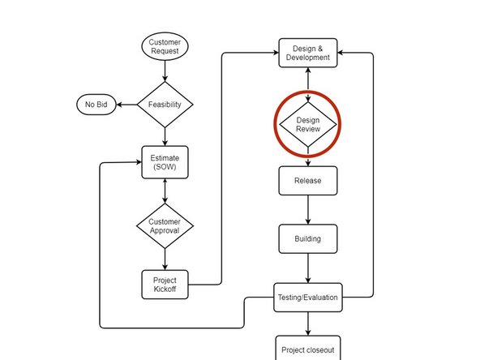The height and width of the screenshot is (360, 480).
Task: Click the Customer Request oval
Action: (165, 46)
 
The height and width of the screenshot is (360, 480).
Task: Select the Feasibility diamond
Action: (165, 105)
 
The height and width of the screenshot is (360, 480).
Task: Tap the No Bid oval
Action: (96, 105)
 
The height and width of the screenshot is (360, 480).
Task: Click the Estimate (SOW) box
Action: (165, 162)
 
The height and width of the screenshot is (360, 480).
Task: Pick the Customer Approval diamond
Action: (165, 225)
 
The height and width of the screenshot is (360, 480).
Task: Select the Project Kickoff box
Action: (165, 285)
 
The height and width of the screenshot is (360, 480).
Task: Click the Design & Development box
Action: (307, 53)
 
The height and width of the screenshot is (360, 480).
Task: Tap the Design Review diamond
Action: (307, 125)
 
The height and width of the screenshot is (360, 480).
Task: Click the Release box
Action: (307, 181)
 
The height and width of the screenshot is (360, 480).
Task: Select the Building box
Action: (307, 238)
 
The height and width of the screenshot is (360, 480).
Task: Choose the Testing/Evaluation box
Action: (307, 298)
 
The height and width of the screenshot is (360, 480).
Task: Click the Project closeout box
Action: (307, 350)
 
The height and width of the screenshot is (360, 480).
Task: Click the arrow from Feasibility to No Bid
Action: (126, 105)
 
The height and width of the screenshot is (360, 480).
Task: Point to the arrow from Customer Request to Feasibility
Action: (165, 71)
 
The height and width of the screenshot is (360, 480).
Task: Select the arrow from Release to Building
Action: (307, 209)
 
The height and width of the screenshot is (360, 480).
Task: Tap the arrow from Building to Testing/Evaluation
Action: (307, 268)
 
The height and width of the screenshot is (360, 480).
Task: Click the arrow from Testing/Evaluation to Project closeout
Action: (307, 323)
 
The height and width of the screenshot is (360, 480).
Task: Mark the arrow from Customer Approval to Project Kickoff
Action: (165, 259)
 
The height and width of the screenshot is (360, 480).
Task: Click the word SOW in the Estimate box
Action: (165, 168)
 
